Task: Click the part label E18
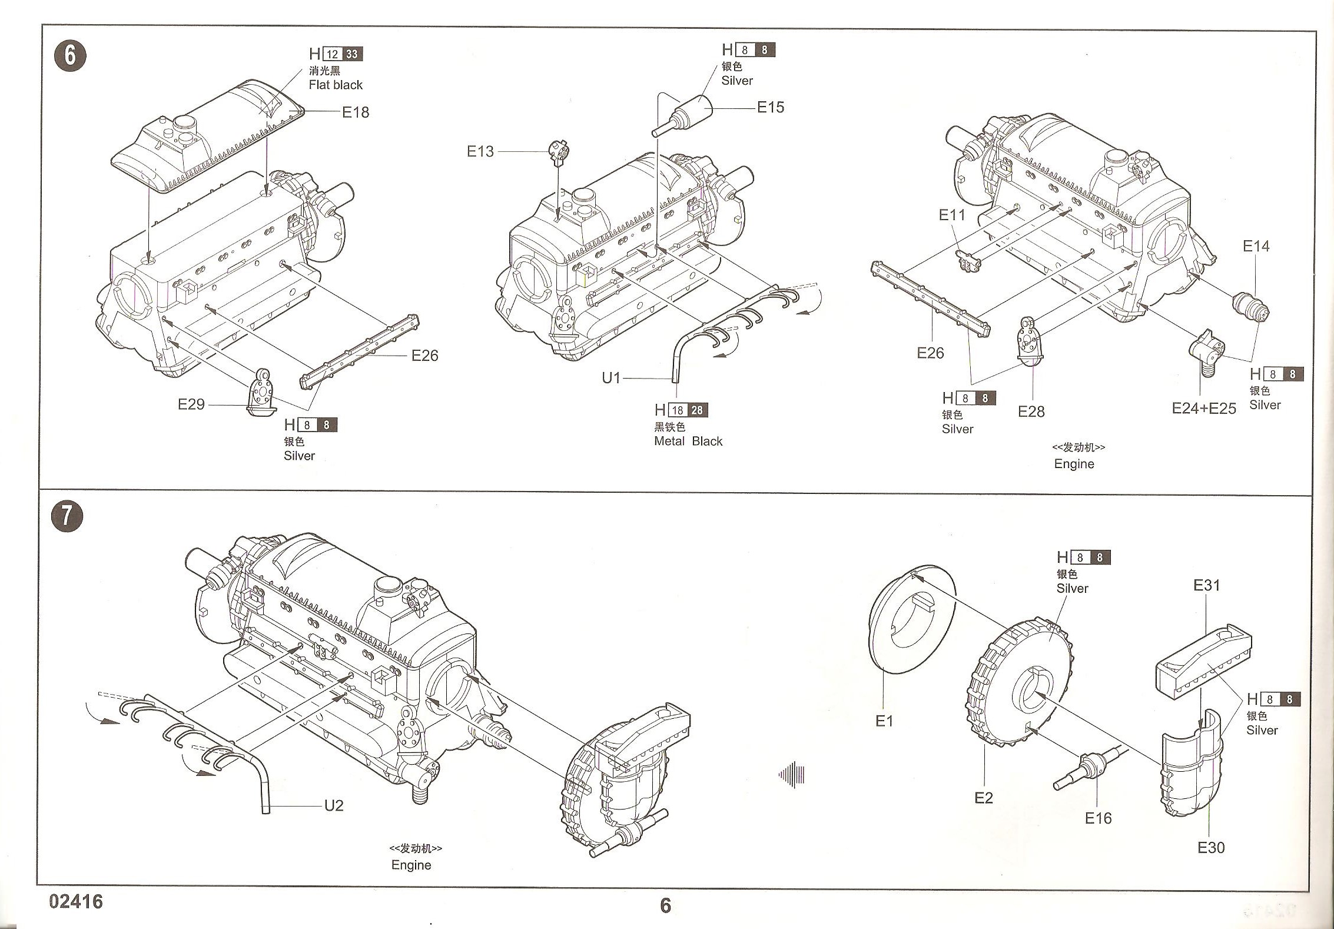356,112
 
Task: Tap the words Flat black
336,85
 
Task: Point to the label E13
480,151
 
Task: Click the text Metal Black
688,441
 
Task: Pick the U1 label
611,378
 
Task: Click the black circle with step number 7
67,516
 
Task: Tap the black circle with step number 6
70,56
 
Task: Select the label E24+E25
1204,409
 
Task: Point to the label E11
952,215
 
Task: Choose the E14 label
1256,246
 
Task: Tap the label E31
1206,585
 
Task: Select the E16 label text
1098,818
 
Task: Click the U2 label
334,805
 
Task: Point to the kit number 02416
77,901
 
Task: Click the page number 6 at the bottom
665,905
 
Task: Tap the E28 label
1031,412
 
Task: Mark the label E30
1210,847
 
